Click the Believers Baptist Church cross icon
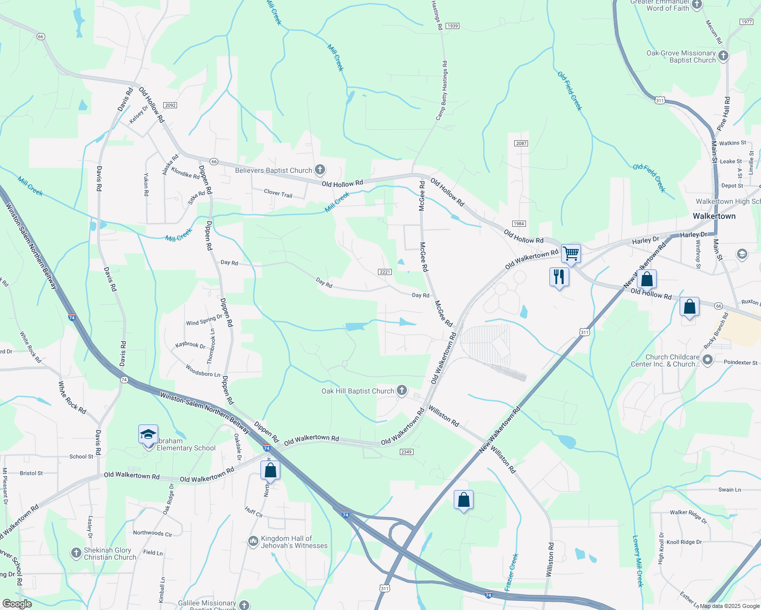(x=319, y=169)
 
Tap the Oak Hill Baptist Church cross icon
(x=402, y=390)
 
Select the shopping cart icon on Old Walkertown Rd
(x=571, y=253)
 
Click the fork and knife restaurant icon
(x=559, y=277)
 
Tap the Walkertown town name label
(x=714, y=216)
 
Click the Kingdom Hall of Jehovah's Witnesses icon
(x=253, y=542)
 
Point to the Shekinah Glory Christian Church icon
(x=76, y=553)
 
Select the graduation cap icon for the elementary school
(x=148, y=435)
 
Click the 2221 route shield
(x=385, y=272)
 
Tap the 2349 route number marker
(x=406, y=452)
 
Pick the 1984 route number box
(x=518, y=224)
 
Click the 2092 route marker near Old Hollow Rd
(x=170, y=105)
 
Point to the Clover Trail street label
(x=278, y=194)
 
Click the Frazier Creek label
(x=512, y=572)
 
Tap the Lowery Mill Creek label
(x=638, y=561)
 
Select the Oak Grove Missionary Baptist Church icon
(x=723, y=56)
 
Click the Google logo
(x=17, y=604)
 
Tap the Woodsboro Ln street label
(x=203, y=371)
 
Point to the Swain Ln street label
(x=729, y=490)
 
